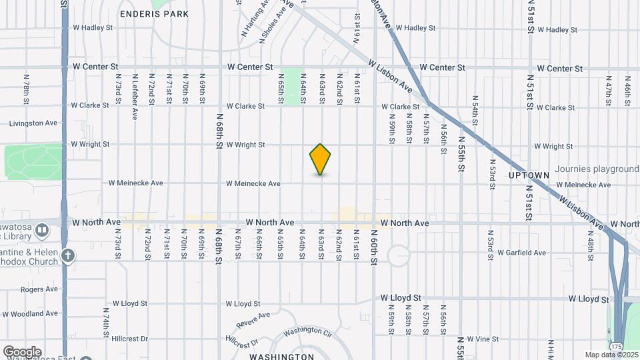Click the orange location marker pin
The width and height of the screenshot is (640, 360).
coord(321,159)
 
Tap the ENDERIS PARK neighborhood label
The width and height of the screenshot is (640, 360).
coord(154,13)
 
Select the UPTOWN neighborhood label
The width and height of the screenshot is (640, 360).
coord(529,175)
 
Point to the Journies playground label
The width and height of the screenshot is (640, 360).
coord(597,169)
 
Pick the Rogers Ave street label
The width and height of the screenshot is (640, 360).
coord(39,289)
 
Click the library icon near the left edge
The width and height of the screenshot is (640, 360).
coord(42,231)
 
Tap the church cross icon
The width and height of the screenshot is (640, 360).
coord(67,255)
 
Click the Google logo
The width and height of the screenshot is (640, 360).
coord(22,351)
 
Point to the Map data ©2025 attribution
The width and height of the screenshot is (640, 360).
coord(611,355)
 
